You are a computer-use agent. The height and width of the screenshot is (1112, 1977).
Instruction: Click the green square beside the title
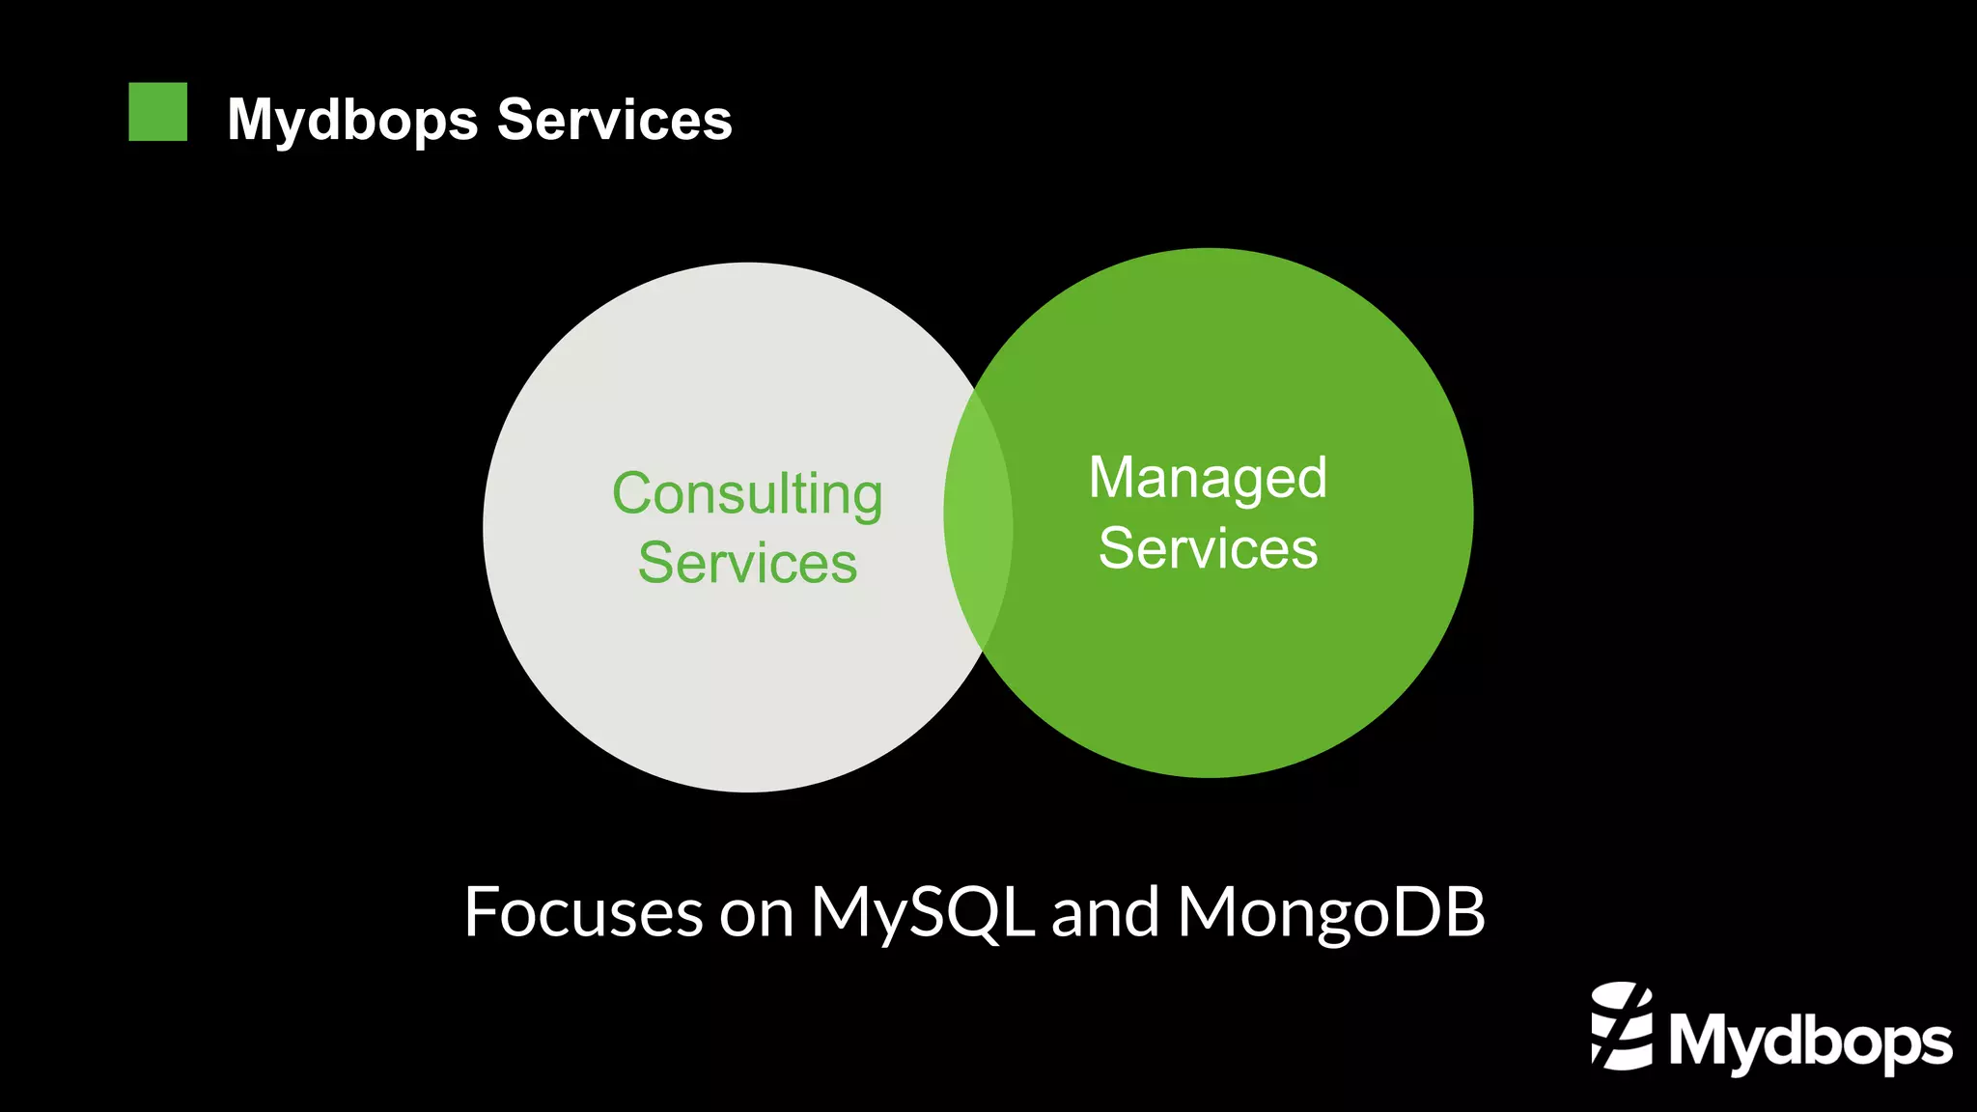(x=157, y=112)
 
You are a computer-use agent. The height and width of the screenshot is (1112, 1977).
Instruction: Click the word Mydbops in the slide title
(x=352, y=121)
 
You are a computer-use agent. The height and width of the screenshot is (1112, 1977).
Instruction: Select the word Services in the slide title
(x=614, y=120)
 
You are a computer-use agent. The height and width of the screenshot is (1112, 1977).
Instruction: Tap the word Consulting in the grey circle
(x=747, y=495)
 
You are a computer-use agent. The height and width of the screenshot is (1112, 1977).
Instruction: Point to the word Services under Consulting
(x=747, y=563)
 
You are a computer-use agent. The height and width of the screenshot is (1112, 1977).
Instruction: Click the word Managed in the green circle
(x=1208, y=479)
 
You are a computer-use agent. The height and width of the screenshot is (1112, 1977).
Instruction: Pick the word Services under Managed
(x=1208, y=548)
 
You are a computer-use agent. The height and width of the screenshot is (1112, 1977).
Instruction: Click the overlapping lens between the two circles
(x=978, y=520)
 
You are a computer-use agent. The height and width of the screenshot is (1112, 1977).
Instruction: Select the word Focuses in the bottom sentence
(x=583, y=911)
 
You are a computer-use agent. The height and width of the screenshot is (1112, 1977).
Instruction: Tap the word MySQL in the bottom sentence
(x=922, y=911)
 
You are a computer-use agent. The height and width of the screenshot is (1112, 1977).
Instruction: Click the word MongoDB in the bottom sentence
(x=1331, y=911)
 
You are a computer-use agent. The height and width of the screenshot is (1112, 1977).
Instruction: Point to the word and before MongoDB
(x=1105, y=911)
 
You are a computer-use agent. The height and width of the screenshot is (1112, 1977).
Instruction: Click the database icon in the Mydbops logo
(x=1622, y=1026)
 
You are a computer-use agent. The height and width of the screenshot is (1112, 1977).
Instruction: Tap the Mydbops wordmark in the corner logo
(x=1810, y=1042)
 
